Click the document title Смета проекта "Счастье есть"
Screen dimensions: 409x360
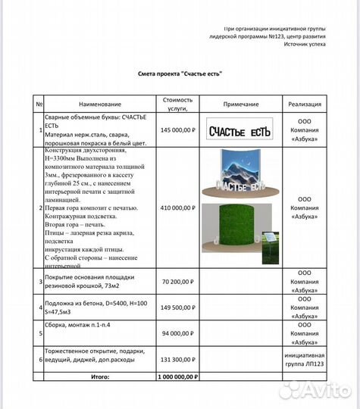pos(180,74)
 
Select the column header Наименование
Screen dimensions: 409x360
pos(99,104)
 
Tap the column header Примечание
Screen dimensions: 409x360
pos(242,104)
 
